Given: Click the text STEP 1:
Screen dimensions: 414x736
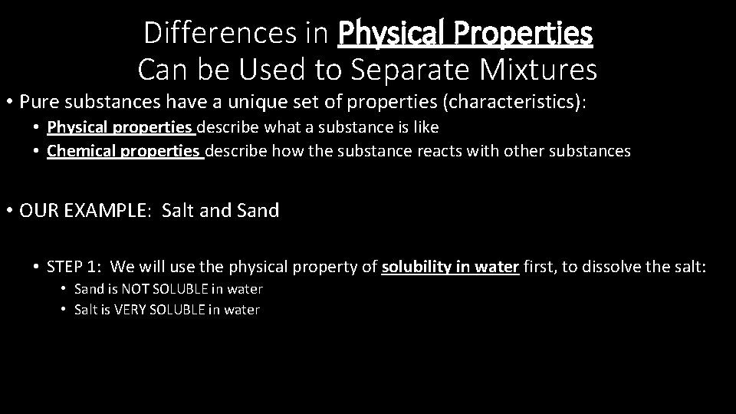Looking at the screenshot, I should pyautogui.click(x=74, y=267).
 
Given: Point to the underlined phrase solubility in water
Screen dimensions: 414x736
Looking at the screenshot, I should pyautogui.click(x=451, y=267).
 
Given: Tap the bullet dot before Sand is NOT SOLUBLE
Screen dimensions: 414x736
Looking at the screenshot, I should pyautogui.click(x=64, y=290).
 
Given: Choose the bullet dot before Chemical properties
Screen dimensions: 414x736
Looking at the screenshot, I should pyautogui.click(x=36, y=151).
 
